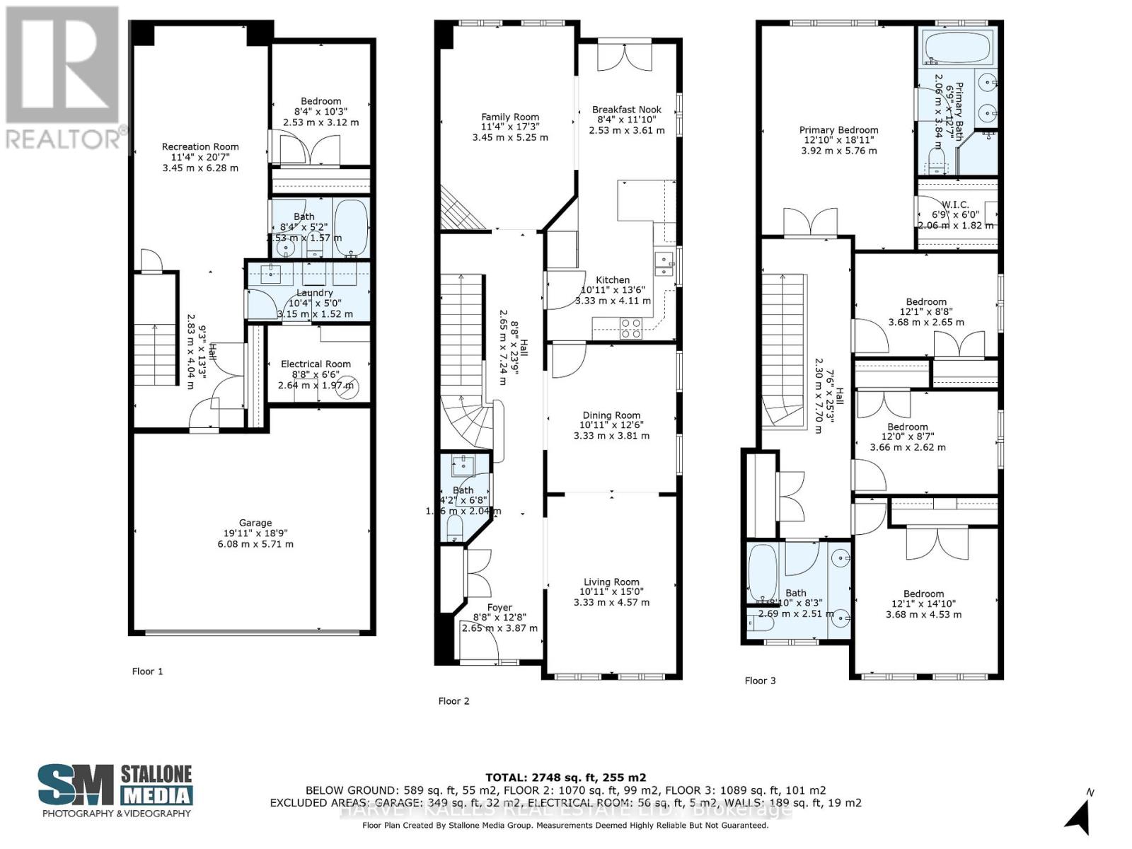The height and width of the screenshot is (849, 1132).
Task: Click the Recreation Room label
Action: click(x=200, y=147)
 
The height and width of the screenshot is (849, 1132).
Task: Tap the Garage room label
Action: click(x=255, y=523)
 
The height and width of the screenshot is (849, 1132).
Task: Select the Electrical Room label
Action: click(x=316, y=364)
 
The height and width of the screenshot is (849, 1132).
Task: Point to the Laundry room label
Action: click(x=314, y=293)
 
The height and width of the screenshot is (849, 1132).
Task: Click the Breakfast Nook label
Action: click(x=627, y=110)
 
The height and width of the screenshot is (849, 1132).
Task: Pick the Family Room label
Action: click(x=510, y=117)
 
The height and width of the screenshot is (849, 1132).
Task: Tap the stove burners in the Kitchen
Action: click(x=630, y=328)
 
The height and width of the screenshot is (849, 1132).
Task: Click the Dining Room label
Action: click(x=611, y=415)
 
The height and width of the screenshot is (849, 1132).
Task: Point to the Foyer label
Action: click(x=499, y=607)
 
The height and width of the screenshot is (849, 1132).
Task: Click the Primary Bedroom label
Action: click(x=838, y=130)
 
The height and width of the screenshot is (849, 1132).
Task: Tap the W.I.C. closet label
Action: click(x=954, y=204)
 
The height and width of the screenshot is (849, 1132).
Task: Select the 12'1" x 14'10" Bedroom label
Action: click(x=923, y=594)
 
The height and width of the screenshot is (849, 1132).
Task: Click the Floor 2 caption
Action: click(x=454, y=701)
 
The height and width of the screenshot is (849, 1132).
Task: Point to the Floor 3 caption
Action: click(x=760, y=681)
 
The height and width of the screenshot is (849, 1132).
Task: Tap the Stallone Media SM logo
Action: click(x=76, y=785)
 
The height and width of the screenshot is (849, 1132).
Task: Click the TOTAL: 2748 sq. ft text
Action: click(x=565, y=777)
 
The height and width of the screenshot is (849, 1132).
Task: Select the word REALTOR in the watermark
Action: click(x=62, y=139)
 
